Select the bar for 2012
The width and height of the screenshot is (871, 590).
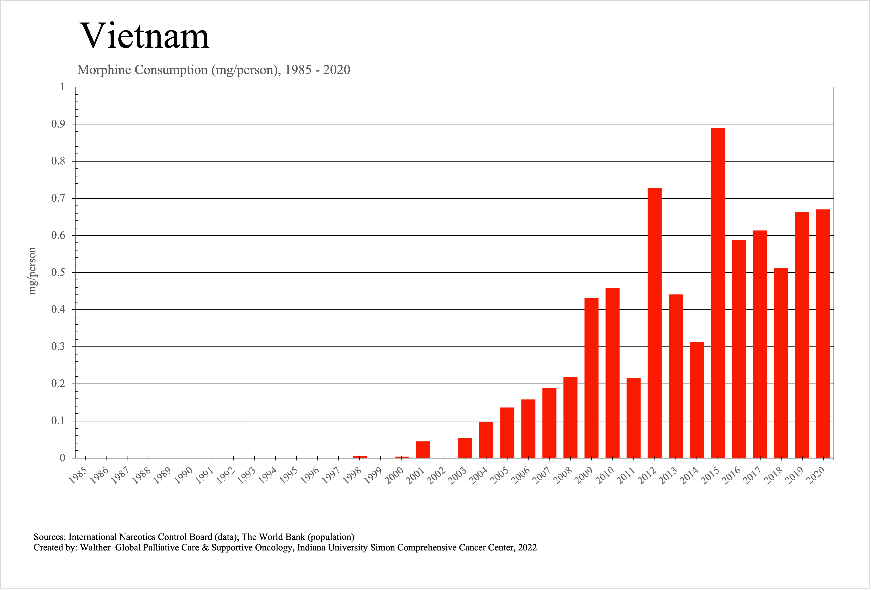pos(654,322)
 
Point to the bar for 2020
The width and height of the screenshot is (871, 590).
pos(823,333)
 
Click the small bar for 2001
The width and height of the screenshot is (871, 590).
pos(423,450)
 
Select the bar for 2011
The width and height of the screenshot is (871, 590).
pos(633,418)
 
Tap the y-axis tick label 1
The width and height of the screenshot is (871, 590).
pos(62,87)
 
